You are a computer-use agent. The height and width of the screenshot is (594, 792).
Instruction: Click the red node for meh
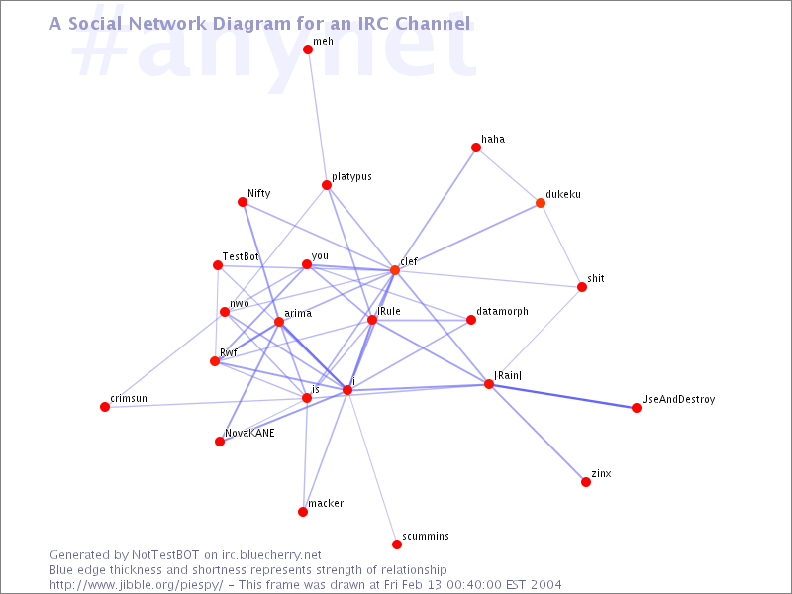tap(308, 49)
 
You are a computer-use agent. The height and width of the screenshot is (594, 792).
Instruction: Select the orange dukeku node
tap(540, 203)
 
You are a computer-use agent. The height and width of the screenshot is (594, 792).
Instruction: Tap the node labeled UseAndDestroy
tap(637, 408)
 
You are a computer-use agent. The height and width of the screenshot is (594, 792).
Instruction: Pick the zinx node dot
tap(586, 482)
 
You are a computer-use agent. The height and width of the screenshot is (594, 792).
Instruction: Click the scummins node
tap(397, 544)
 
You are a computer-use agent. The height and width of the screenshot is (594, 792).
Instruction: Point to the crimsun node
tap(105, 407)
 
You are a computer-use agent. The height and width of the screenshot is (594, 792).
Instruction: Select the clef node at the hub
tap(394, 270)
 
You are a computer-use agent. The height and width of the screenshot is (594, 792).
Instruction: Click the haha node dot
tap(476, 148)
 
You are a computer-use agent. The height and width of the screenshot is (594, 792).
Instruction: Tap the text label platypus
tap(352, 177)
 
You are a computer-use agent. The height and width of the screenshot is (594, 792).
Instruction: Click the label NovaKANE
tap(249, 433)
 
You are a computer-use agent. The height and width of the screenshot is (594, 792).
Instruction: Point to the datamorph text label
tap(503, 311)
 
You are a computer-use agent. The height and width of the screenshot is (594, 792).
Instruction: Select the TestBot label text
tap(241, 256)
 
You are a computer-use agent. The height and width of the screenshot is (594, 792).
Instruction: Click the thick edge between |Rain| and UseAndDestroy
tap(562, 396)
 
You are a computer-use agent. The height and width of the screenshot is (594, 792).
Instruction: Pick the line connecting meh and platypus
tap(317, 117)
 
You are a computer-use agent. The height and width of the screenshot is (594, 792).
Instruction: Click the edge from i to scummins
tap(372, 467)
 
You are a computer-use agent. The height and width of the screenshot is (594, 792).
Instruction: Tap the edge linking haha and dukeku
tap(508, 175)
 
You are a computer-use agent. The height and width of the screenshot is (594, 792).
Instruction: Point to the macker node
tap(303, 512)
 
